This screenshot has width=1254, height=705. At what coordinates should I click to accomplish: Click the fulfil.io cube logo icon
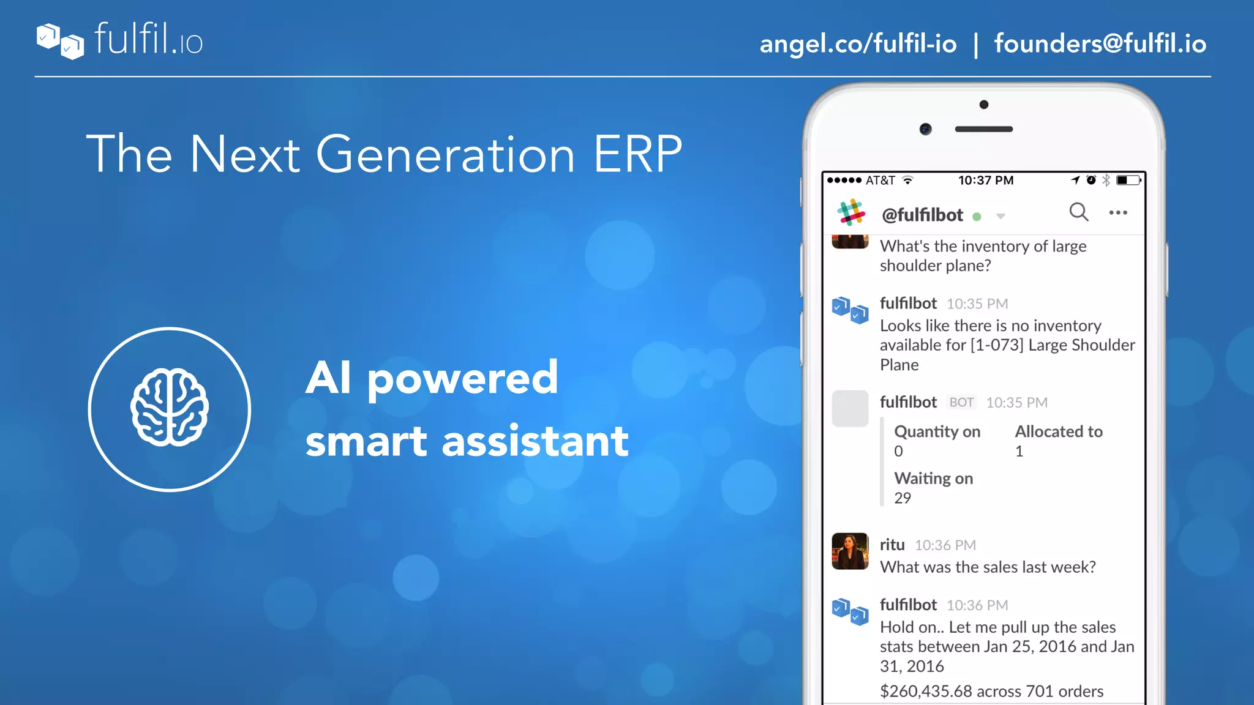pos(60,41)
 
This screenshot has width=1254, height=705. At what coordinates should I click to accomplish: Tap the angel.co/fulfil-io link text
pos(858,44)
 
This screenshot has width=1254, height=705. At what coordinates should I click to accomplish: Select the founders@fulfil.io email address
pos(1100,44)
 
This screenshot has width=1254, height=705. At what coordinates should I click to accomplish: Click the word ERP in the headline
pos(637,154)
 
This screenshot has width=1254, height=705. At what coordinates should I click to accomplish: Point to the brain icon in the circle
pos(170,408)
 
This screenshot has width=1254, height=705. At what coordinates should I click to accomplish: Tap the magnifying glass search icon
pos(1078,212)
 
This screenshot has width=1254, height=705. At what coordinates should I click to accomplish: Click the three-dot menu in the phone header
pos(1118,212)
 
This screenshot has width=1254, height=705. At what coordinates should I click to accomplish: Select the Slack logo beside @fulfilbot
pos(851,213)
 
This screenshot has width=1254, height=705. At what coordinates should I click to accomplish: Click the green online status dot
pos(977,217)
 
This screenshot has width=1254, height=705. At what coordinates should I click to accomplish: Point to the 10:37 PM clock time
pos(986,181)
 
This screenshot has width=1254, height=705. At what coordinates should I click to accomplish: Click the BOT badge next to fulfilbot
pos(961,402)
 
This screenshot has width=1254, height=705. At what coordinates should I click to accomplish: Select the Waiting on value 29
pos(903,498)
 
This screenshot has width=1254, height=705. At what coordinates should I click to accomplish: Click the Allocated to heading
pos(1059,431)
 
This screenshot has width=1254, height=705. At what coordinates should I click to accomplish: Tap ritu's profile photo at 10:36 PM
pos(850,551)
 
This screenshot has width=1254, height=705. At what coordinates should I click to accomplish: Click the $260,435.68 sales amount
pos(926,692)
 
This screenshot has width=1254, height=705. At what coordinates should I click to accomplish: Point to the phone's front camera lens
pos(926,129)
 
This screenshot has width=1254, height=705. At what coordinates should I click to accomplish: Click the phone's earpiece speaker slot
pos(984,129)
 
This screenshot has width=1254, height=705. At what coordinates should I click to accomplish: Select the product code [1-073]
pos(997,345)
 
